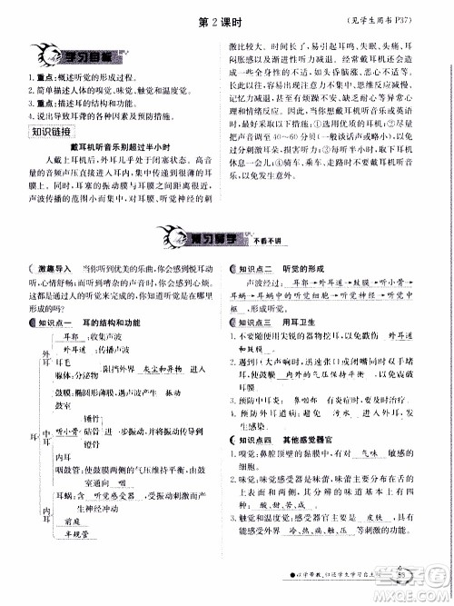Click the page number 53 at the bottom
pos(425,580)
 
